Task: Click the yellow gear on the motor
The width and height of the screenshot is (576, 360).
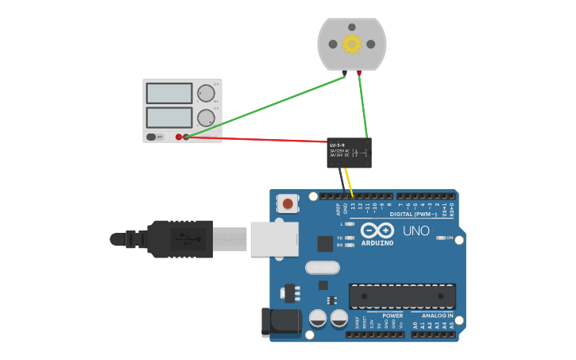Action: [x=351, y=44]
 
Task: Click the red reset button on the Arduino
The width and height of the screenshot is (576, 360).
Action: [x=288, y=204]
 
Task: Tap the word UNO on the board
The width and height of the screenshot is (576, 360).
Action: [x=416, y=231]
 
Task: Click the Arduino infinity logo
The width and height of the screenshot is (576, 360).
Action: [x=377, y=230]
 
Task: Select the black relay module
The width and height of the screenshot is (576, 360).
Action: [x=349, y=153]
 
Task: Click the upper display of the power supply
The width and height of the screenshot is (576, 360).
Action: [x=168, y=93]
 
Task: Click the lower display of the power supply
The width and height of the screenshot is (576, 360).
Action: [x=168, y=118]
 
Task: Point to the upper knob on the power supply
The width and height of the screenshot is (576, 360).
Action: [x=206, y=92]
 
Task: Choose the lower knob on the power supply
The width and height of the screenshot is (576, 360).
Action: [x=206, y=118]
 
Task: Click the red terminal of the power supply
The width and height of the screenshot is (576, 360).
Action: [x=179, y=137]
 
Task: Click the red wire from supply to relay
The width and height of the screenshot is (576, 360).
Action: [x=254, y=139]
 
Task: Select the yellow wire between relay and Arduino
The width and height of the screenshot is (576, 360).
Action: [x=349, y=181]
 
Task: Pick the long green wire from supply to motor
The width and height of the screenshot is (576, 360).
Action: [x=262, y=106]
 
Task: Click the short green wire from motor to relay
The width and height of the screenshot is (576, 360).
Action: [x=363, y=107]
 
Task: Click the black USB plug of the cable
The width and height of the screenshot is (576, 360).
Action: [x=180, y=238]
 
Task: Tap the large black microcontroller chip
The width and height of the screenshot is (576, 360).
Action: [x=402, y=296]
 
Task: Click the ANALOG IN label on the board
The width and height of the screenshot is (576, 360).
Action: [x=437, y=315]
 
